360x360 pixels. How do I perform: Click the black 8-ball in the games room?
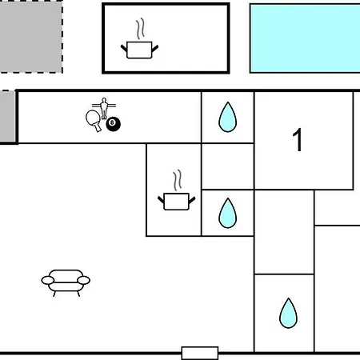tap(113, 124)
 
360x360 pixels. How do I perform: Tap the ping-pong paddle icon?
tap(94, 119)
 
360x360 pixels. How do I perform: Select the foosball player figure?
tap(104, 108)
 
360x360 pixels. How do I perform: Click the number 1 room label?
tap(298, 140)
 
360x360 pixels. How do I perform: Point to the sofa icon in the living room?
tap(66, 282)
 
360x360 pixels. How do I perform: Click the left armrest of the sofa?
tap(48, 280)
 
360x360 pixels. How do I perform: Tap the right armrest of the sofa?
tap(83, 280)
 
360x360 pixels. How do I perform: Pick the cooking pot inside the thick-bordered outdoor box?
tap(139, 50)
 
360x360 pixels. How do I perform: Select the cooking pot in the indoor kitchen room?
tap(176, 202)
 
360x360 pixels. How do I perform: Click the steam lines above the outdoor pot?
tap(140, 29)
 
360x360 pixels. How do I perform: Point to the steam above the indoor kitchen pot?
tap(178, 180)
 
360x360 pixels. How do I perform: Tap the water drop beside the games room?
tap(227, 117)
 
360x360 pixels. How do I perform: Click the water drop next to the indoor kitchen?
tap(227, 213)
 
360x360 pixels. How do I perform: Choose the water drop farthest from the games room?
tap(288, 313)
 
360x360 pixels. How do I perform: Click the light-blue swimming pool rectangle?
tap(305, 38)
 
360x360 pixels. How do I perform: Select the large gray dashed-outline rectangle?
tap(31, 37)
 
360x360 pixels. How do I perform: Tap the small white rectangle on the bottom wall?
tap(200, 353)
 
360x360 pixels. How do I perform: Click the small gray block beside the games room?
tap(7, 116)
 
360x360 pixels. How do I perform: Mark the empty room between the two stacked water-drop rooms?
tap(228, 166)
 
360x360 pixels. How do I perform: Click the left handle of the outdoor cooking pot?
tap(124, 49)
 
